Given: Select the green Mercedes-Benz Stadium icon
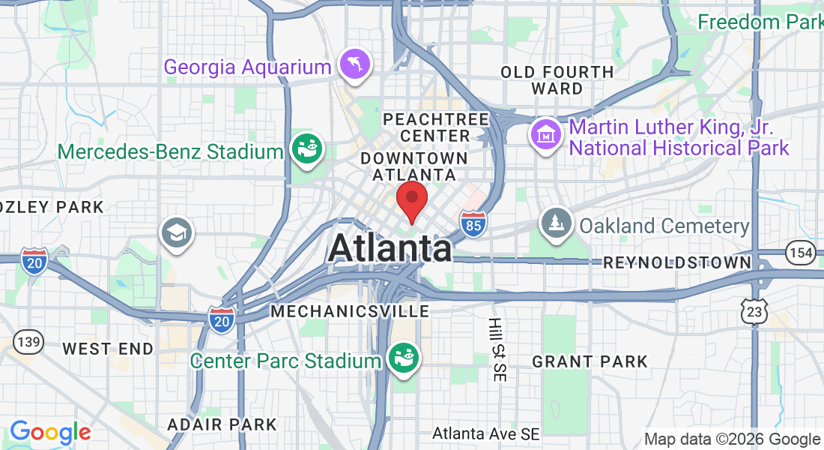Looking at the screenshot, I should pos(307,148).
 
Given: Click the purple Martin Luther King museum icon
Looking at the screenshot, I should pos(546,135).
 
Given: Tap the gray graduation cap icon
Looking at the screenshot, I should pos(177,232).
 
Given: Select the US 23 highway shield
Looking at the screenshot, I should pos(757,309).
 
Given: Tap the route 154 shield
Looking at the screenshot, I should pos(801,253).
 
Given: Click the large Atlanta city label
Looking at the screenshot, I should pos(390,248).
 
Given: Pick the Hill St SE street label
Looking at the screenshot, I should pos(495,349).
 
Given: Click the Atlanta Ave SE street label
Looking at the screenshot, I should pos(486,433).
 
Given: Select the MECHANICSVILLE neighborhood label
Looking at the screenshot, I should pos(350,310).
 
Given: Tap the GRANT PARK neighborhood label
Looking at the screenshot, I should pos(590,361).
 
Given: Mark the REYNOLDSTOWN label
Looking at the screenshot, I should pos(677,262).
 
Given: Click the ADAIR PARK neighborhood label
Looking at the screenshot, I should pos(222,424).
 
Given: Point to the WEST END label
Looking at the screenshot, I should pos(108,349).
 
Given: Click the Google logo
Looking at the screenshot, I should pos(50,433).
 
